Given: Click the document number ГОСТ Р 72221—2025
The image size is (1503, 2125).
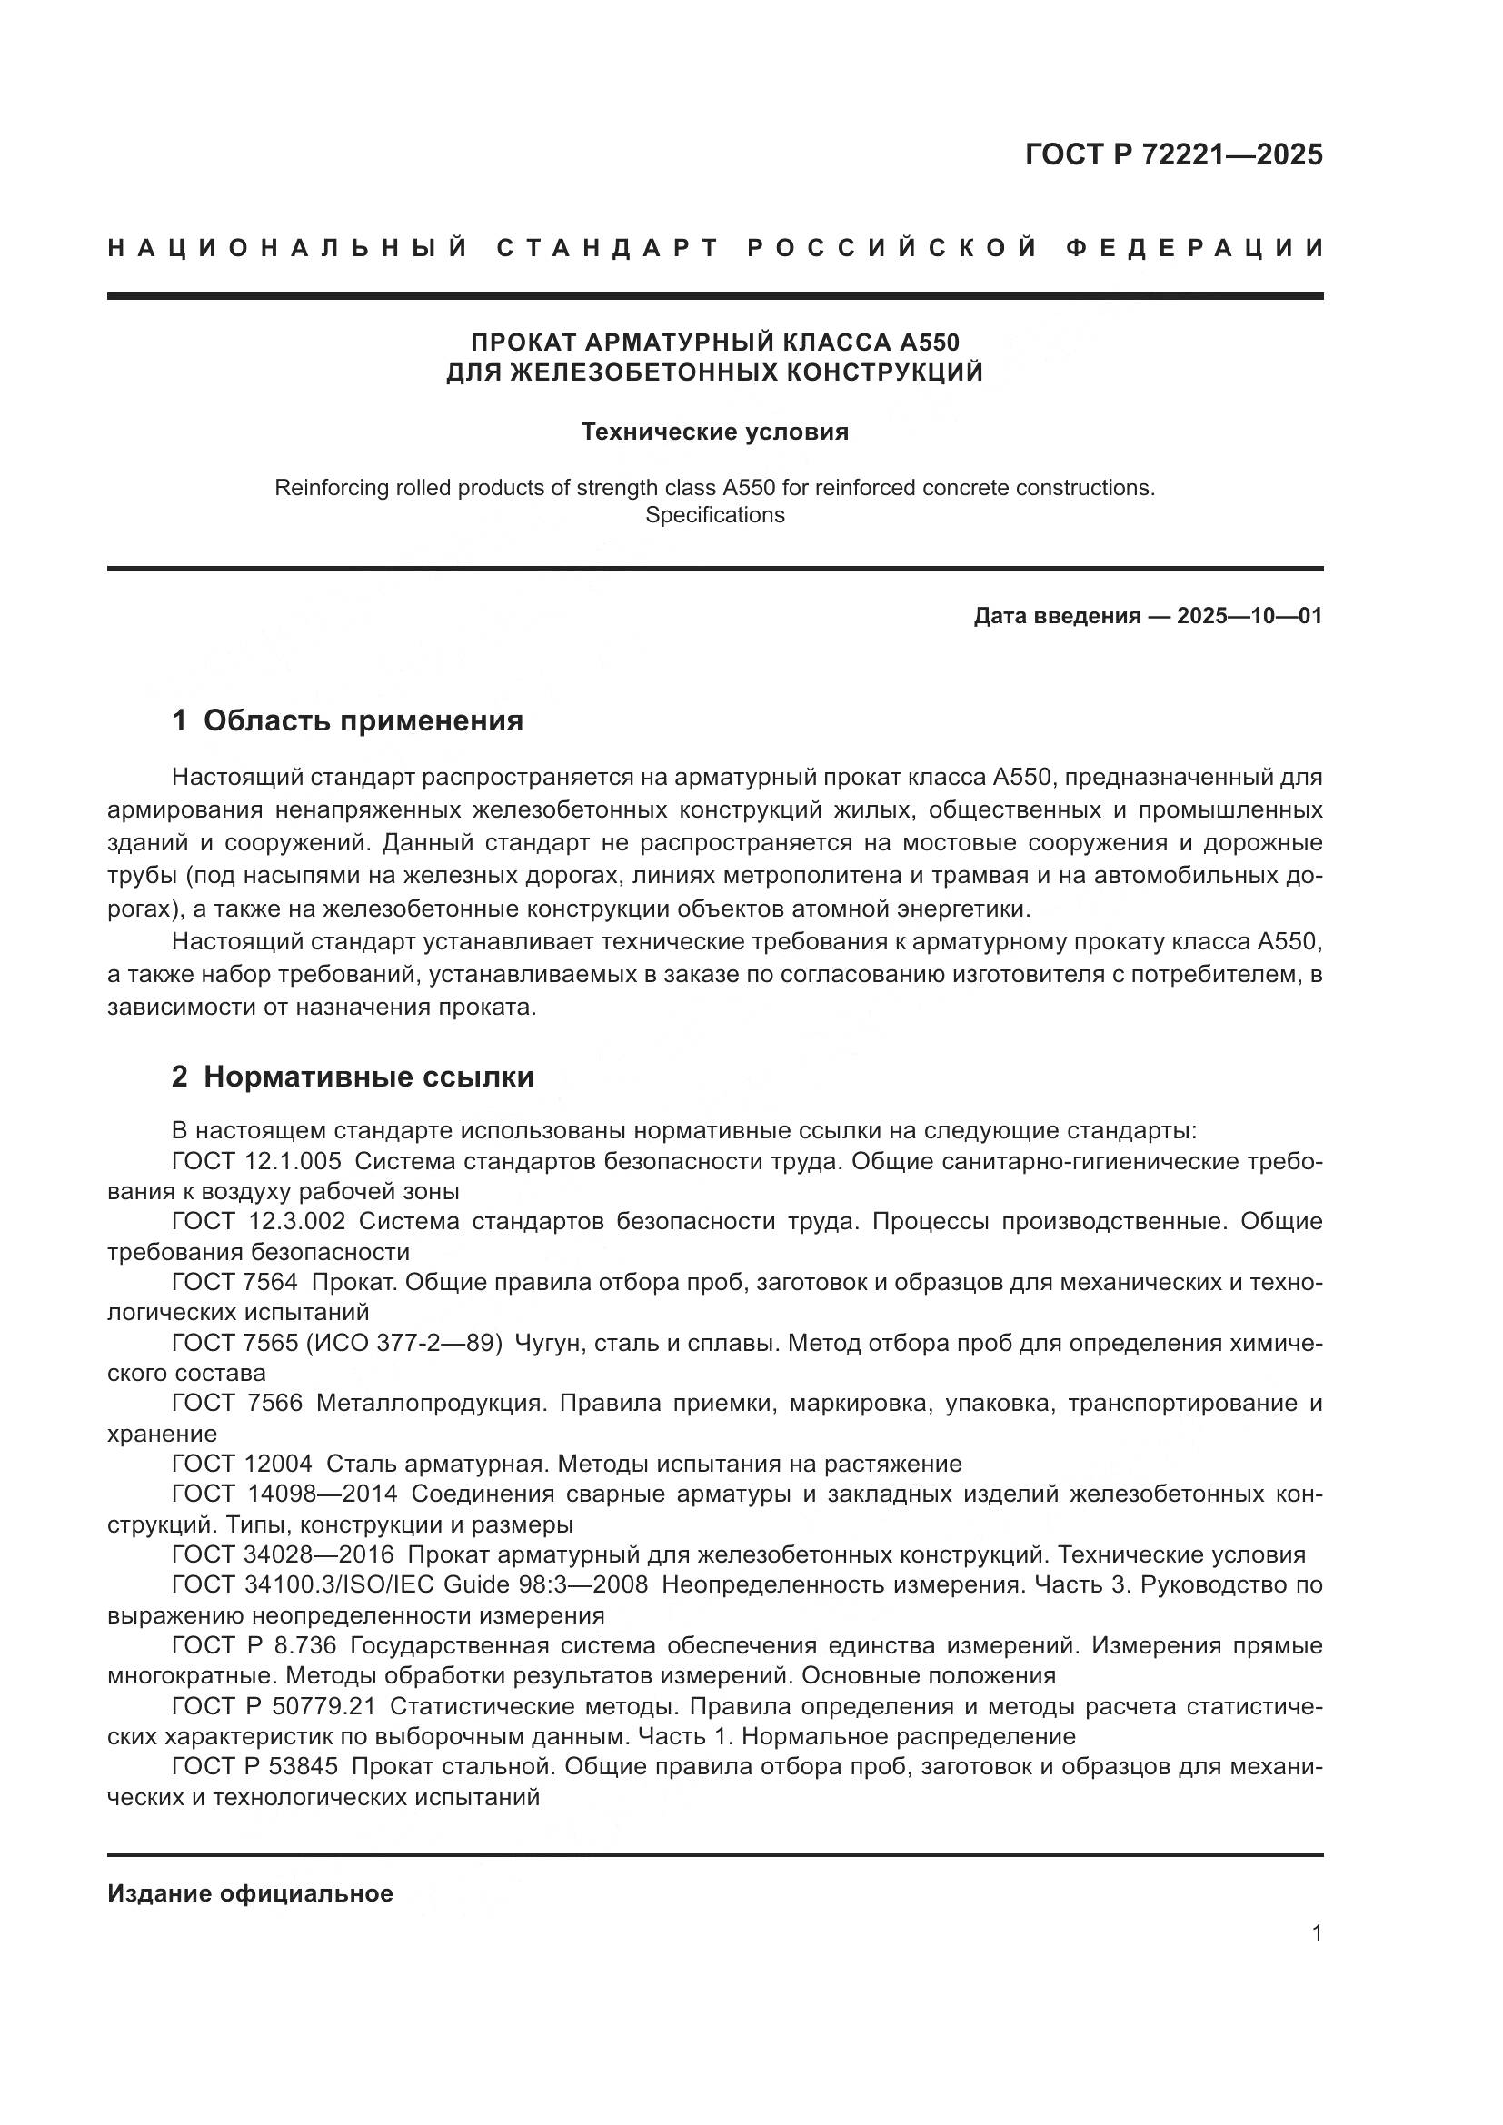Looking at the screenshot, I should click(1172, 154).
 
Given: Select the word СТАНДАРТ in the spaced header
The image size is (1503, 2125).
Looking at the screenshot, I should click(608, 248).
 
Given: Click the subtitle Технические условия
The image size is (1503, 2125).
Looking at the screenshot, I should click(714, 432).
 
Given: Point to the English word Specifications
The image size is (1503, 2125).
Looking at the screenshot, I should click(714, 515).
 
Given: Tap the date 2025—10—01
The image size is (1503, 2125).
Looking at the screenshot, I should click(1249, 616).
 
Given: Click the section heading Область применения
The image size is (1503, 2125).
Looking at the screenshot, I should click(363, 720).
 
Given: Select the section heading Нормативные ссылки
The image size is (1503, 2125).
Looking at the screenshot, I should click(368, 1077).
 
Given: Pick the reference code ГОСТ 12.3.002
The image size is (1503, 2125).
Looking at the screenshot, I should click(258, 1222).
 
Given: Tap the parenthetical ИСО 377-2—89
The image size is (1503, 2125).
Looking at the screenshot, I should click(403, 1343).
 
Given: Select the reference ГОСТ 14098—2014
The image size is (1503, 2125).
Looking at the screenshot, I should click(284, 1494).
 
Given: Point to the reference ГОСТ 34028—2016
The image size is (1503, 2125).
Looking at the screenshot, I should click(283, 1554).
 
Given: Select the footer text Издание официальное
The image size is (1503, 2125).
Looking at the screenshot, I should click(250, 1893).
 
